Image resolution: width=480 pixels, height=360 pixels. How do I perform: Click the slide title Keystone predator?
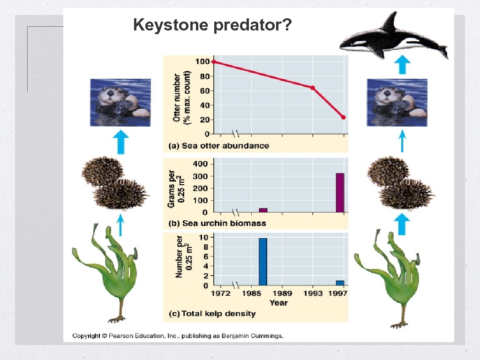point(213,24)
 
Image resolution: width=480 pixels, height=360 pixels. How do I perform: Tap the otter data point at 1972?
point(214,61)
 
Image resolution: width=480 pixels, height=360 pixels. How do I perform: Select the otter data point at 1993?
point(313,88)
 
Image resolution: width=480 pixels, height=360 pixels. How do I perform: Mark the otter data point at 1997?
point(344,117)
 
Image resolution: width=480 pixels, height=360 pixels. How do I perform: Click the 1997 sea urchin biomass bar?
point(340,193)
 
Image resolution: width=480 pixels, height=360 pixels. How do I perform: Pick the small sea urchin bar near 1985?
point(263,210)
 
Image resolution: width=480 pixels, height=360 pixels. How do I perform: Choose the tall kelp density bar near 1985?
point(262,262)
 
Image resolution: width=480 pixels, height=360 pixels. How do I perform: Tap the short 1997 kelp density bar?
point(340,283)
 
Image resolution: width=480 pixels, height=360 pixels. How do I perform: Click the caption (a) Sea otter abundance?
point(218,146)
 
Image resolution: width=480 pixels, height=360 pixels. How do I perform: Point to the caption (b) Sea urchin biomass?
point(217,223)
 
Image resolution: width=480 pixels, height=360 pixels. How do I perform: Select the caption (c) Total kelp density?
point(212,313)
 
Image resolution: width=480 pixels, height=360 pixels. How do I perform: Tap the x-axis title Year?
point(278,303)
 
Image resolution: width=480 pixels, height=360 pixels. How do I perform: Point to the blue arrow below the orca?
point(402,65)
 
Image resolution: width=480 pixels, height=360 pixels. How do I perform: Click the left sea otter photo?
point(120,103)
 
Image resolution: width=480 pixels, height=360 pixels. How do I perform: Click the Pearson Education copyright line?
point(178,336)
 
